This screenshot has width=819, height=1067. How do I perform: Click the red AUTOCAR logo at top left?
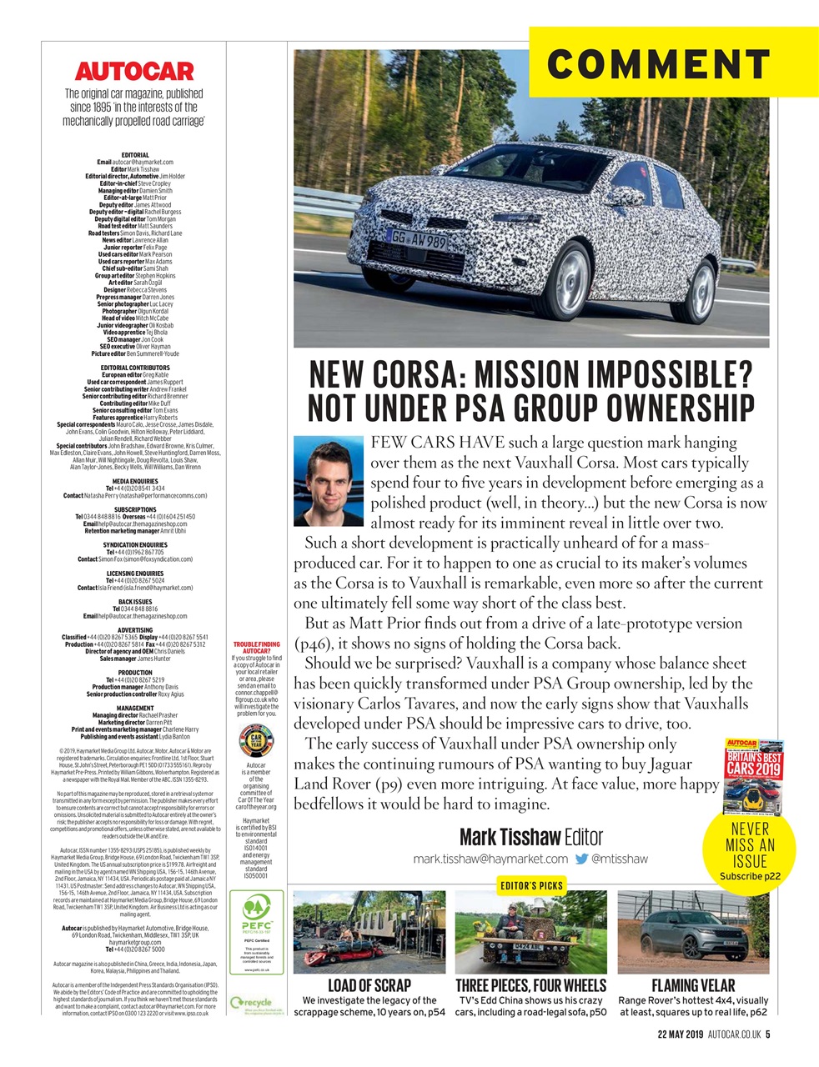(x=133, y=71)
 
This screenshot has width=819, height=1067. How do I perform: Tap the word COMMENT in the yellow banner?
(x=659, y=63)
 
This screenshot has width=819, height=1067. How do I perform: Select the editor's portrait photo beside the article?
(x=329, y=481)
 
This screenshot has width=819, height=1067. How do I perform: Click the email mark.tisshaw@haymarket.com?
(x=490, y=859)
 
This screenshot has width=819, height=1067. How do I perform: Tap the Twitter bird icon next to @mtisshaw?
(x=581, y=859)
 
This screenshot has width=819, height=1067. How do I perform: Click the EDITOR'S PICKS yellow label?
(x=531, y=885)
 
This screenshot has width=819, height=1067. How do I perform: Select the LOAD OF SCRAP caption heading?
(x=369, y=986)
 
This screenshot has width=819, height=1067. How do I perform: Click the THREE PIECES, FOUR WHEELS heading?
(x=530, y=986)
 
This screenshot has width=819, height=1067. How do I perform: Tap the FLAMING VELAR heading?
(x=693, y=986)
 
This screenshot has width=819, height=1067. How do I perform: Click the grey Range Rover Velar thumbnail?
(x=692, y=931)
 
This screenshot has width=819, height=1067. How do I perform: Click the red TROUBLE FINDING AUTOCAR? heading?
(x=256, y=648)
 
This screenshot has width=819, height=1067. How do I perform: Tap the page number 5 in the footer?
(x=767, y=1035)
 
